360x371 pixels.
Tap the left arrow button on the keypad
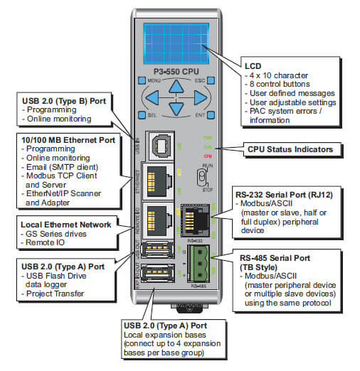point(152,97)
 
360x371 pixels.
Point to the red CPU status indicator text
point(208,155)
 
